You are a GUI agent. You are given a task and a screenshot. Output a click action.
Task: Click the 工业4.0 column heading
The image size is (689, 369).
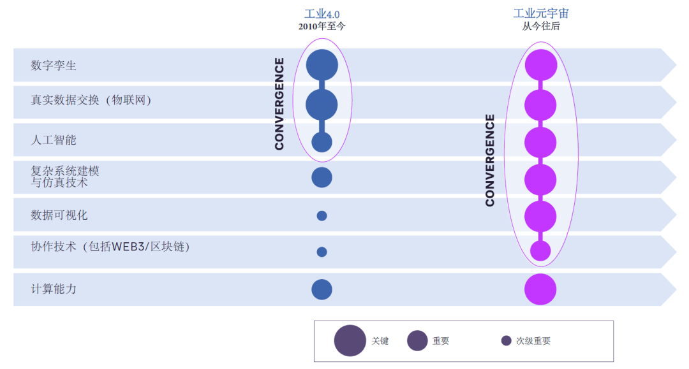pyautogui.click(x=322, y=14)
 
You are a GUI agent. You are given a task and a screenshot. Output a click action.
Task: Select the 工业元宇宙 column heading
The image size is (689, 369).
pyautogui.click(x=541, y=14)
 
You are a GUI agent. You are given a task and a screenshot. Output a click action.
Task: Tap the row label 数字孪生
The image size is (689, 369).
pyautogui.click(x=54, y=65)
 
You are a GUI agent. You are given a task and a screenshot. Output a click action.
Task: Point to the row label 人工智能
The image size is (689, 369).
pyautogui.click(x=54, y=140)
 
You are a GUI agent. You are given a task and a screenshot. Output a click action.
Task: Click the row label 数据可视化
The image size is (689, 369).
pyautogui.click(x=59, y=215)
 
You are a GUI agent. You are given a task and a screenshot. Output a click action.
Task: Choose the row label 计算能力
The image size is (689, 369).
pyautogui.click(x=54, y=289)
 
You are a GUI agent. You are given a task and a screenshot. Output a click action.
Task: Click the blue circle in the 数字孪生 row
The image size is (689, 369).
pyautogui.click(x=322, y=65)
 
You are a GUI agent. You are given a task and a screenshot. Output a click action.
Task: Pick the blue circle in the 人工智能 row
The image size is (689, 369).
pyautogui.click(x=322, y=141)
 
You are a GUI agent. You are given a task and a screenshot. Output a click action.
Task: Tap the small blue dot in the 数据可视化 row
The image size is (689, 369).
pyautogui.click(x=322, y=215)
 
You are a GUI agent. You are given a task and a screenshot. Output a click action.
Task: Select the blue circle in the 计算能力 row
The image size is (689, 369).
pyautogui.click(x=322, y=289)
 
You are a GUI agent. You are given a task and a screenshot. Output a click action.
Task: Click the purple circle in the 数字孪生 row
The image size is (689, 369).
pyautogui.click(x=540, y=65)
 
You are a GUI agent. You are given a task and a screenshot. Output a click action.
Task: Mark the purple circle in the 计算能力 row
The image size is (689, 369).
pyautogui.click(x=540, y=289)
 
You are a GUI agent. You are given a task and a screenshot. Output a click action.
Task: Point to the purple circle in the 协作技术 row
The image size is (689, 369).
pyautogui.click(x=540, y=251)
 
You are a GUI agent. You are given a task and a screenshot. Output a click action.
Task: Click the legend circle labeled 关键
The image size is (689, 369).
pyautogui.click(x=350, y=340)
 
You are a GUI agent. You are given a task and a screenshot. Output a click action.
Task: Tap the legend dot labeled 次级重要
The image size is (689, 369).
pyautogui.click(x=507, y=340)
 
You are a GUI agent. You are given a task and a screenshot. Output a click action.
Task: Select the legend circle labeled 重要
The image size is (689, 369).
pyautogui.click(x=417, y=340)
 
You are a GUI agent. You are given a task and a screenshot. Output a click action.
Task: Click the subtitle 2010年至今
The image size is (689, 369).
pyautogui.click(x=322, y=27)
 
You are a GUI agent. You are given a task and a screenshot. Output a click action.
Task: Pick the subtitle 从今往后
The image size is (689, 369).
pyautogui.click(x=541, y=27)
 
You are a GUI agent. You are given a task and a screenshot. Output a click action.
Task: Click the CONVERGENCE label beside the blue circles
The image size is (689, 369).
pyautogui.click(x=279, y=103)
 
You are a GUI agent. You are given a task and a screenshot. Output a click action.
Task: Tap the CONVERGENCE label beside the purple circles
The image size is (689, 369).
pyautogui.click(x=490, y=160)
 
